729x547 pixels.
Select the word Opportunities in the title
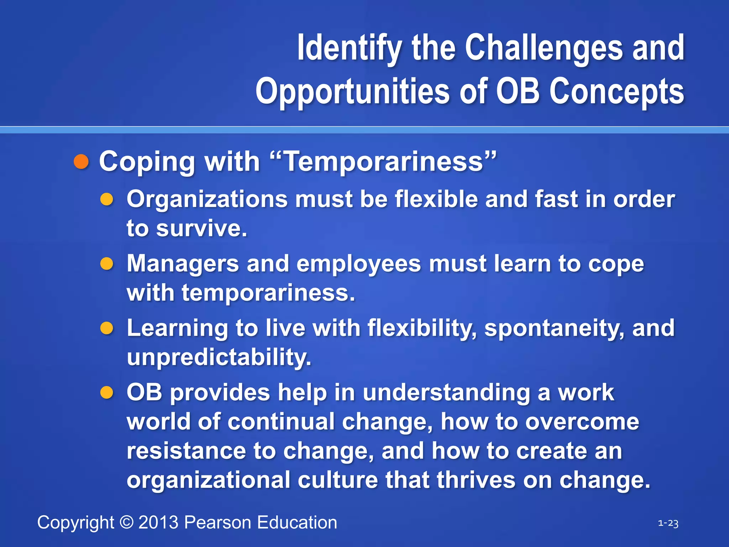pos(352,92)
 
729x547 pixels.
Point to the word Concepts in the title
pos(617,92)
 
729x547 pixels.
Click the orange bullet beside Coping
pos(81,162)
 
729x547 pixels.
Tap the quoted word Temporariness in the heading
pos(384,161)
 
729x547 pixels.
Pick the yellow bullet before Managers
pos(106,264)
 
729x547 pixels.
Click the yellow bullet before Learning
pos(106,328)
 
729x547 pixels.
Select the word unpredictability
pos(219,357)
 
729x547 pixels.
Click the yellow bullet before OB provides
pos(106,393)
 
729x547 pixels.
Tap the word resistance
pos(186,451)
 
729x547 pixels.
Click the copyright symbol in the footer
pos(126,522)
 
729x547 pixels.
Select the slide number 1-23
pos(668,523)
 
